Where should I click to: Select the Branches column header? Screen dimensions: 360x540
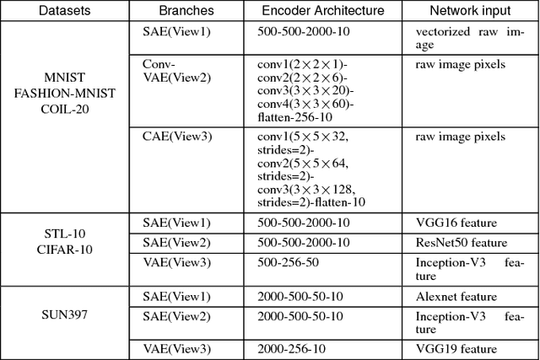[186, 12]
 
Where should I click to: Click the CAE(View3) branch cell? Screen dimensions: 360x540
[175, 137]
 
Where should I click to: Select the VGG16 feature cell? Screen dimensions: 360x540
[455, 223]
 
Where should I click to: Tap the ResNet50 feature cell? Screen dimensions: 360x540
[461, 243]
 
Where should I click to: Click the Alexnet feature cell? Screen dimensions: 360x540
[456, 297]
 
